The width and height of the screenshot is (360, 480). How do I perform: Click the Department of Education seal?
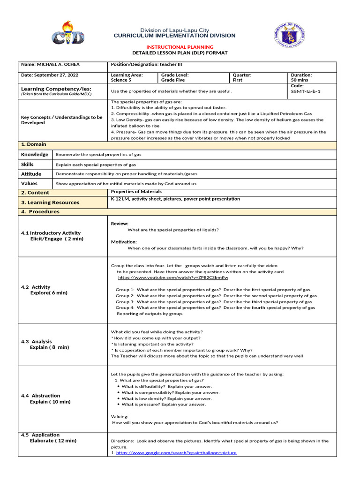pos(288,35)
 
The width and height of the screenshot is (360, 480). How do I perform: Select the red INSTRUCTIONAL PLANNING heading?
pos(180,47)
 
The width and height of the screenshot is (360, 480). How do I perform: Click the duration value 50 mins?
pos(300,80)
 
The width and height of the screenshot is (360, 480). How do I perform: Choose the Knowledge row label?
pos(35,154)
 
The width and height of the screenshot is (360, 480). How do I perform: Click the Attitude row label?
pos(31,173)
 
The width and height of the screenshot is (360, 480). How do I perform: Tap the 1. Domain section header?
pos(34,144)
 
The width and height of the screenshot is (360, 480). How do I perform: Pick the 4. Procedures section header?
pos(40,212)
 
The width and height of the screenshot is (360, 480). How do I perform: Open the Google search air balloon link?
pos(176,453)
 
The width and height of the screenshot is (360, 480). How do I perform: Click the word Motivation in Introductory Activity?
pos(124,242)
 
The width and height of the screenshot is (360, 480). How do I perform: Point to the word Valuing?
pos(120,416)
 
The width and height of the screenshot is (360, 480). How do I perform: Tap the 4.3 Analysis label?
pos(37,342)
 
